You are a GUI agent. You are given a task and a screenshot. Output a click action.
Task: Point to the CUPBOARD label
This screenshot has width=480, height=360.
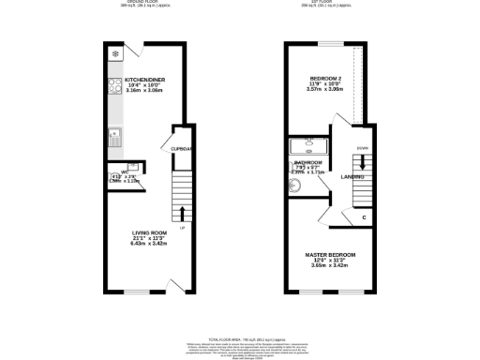[x=181, y=148]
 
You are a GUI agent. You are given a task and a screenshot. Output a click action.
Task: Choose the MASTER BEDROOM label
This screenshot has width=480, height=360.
[x=335, y=254]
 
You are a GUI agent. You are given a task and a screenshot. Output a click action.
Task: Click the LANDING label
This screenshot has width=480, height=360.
[x=352, y=175]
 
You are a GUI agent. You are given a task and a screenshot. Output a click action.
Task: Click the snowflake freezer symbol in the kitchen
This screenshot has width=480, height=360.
[x=114, y=54]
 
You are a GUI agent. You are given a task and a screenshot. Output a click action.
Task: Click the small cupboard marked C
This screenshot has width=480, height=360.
[x=364, y=217]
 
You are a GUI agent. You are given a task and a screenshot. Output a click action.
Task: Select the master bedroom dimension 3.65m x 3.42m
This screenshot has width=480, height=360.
[x=335, y=266]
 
